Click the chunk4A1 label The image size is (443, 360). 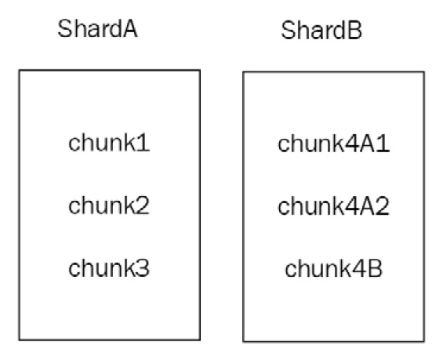(333, 146)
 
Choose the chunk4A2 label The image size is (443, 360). (333, 208)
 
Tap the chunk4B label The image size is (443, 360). (333, 271)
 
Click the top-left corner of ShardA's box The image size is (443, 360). (20, 71)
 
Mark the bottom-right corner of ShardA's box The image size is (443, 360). (199, 338)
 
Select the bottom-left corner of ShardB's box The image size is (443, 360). (243, 341)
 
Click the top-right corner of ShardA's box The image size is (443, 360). (199, 71)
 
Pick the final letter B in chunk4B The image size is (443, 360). (374, 271)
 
